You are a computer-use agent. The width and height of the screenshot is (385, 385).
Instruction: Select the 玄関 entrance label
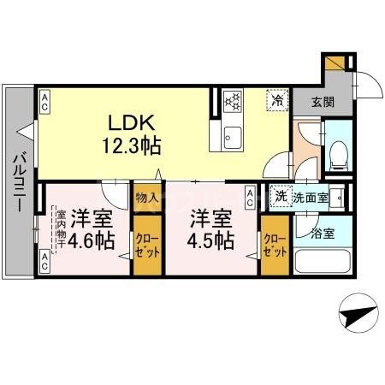(x=323, y=102)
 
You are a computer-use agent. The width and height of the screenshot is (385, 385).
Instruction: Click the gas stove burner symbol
(x=233, y=101)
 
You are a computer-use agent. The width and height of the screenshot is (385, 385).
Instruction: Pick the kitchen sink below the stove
(x=233, y=135)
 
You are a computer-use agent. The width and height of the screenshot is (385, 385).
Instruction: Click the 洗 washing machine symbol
(x=281, y=197)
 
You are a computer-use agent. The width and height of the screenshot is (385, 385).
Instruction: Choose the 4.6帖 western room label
(x=92, y=229)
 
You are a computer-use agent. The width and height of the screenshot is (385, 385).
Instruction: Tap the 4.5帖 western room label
(x=210, y=229)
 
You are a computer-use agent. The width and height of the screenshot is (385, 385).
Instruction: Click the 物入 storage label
(x=146, y=198)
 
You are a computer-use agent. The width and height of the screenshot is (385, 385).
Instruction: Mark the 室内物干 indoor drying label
(x=62, y=228)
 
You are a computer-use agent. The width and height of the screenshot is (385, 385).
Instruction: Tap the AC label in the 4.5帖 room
(x=250, y=198)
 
